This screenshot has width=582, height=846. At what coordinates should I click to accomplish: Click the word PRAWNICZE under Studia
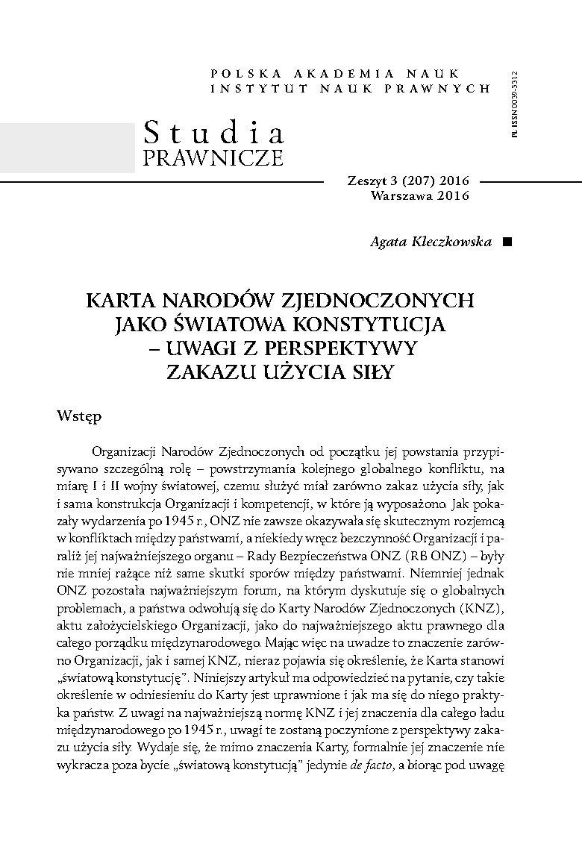(x=213, y=157)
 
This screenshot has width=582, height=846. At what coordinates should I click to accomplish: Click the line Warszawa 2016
(x=419, y=196)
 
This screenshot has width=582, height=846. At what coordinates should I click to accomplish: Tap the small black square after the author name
(x=508, y=242)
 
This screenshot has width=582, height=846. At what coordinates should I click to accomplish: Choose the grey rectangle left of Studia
(x=67, y=148)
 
